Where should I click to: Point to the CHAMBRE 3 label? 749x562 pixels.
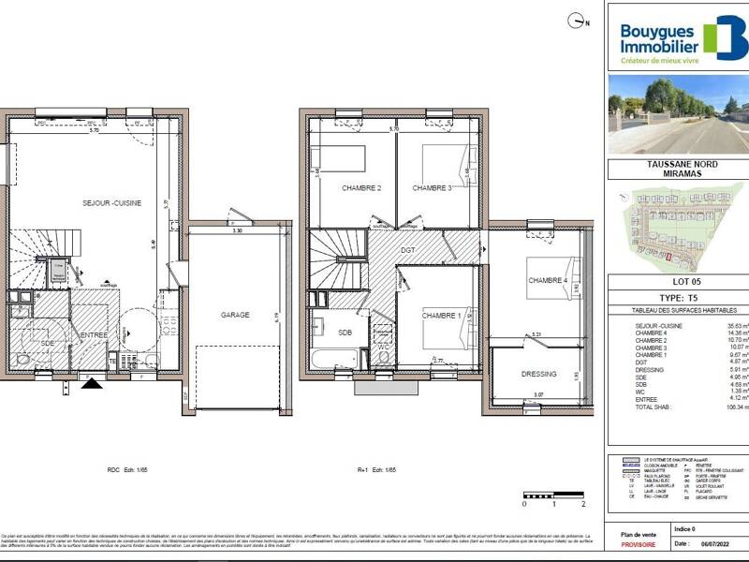[432, 188]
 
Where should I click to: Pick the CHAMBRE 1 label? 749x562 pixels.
[440, 316]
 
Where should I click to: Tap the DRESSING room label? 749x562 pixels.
[538, 374]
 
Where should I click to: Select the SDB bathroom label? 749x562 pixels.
[345, 333]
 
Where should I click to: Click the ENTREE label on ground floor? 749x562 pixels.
[94, 334]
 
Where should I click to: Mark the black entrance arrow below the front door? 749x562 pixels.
[91, 382]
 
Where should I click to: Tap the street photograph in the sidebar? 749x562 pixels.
[678, 113]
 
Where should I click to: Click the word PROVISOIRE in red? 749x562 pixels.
[637, 544]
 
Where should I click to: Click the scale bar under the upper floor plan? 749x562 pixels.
[554, 495]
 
